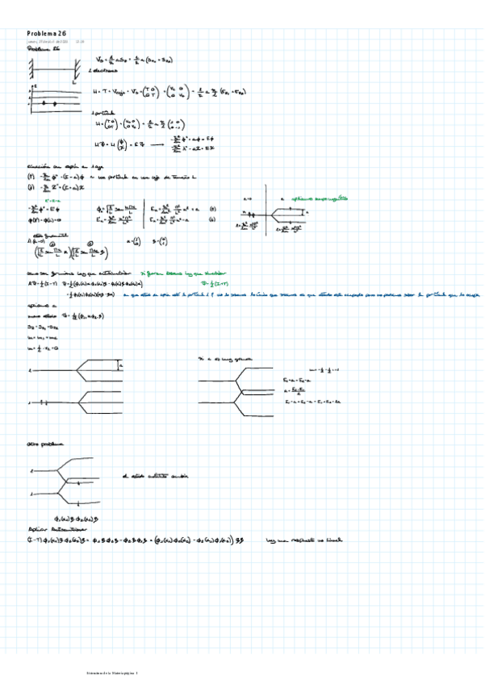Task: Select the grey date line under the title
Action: pyautogui.click(x=55, y=42)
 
